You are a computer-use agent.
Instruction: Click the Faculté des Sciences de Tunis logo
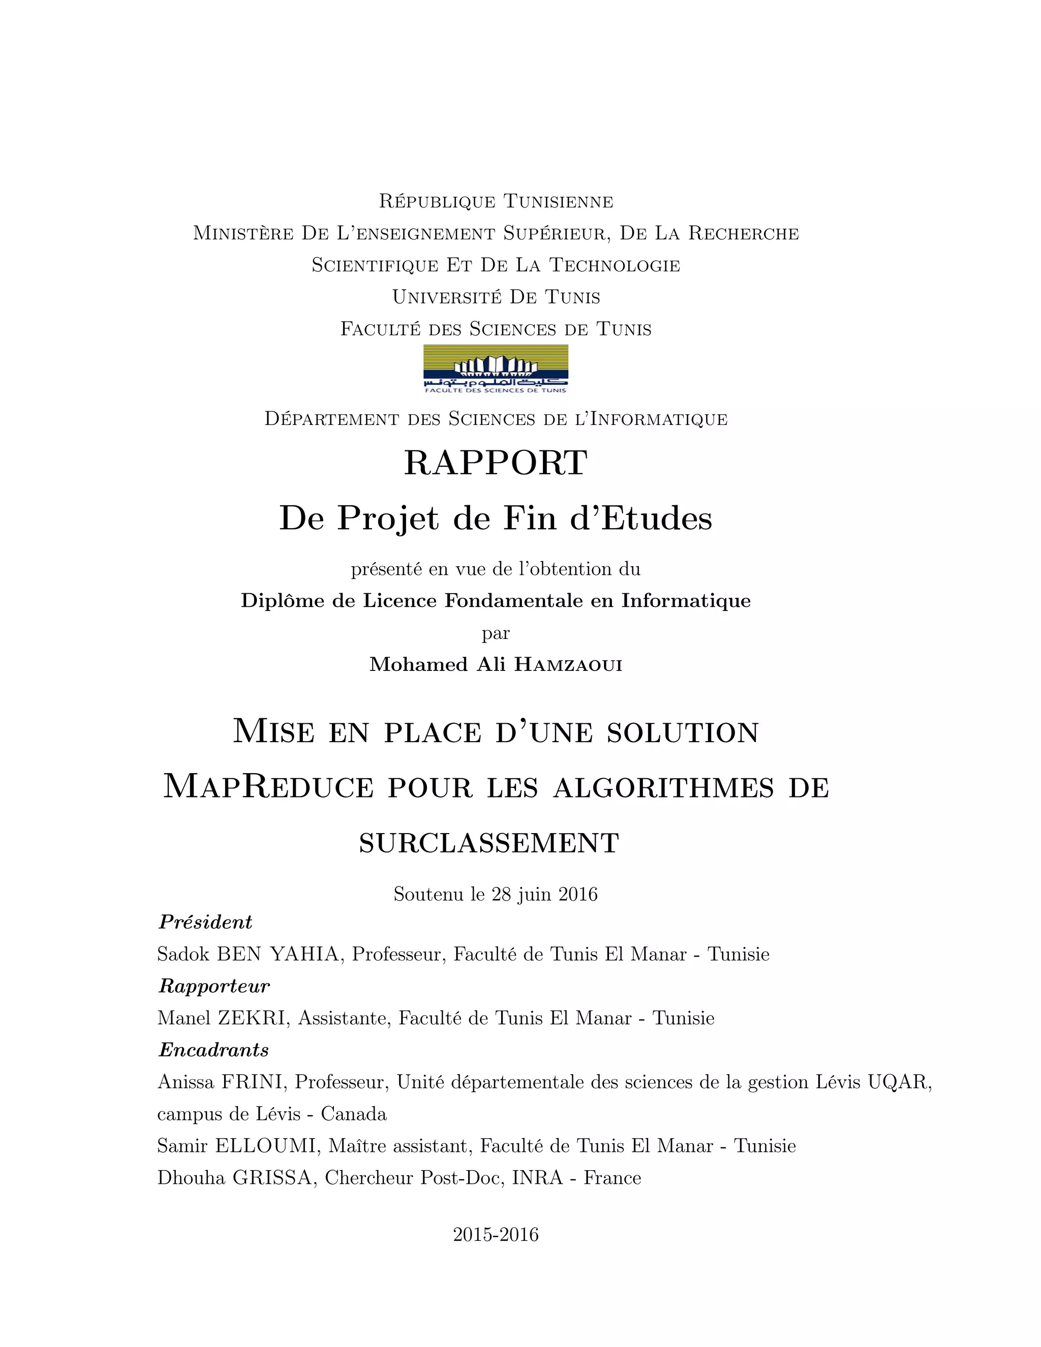(495, 369)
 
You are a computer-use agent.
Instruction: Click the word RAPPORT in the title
(495, 463)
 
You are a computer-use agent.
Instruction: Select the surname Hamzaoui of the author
(568, 665)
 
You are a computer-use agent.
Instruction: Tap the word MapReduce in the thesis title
(268, 787)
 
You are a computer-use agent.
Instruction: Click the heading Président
(205, 922)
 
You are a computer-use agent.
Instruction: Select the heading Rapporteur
(214, 986)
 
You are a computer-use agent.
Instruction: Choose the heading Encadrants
(213, 1050)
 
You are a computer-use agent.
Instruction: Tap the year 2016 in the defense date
(578, 894)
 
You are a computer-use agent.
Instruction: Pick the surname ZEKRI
(252, 1018)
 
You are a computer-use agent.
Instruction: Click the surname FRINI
(252, 1082)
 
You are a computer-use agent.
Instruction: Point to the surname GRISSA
(272, 1178)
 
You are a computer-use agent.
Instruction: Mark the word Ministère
(243, 234)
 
